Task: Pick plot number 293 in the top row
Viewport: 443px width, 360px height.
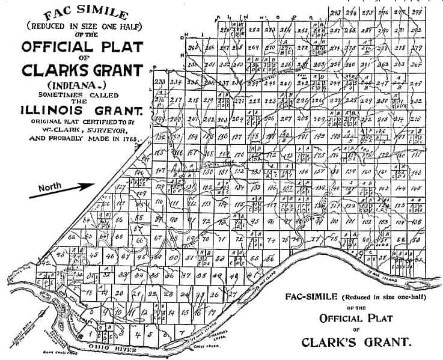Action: pos(336,13)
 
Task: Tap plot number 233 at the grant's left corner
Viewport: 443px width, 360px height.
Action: pos(160,82)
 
